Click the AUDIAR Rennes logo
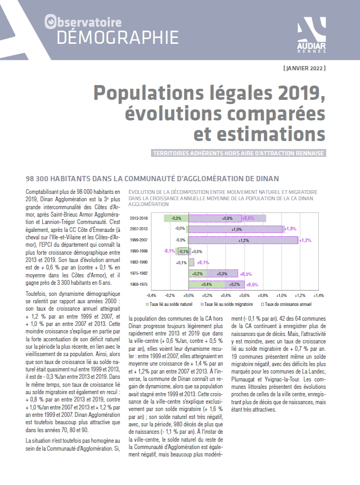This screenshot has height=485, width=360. click(x=311, y=35)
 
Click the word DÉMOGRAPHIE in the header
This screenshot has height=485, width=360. click(x=118, y=38)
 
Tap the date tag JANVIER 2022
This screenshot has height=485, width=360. click(x=305, y=68)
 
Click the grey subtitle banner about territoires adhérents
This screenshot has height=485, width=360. click(x=239, y=153)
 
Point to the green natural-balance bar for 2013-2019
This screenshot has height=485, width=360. click(x=176, y=218)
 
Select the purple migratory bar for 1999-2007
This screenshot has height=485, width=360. click(x=243, y=240)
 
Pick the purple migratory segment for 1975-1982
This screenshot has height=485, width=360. click(x=222, y=274)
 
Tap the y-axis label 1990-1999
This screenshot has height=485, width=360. click(x=138, y=251)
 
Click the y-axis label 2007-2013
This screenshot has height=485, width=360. click(x=138, y=229)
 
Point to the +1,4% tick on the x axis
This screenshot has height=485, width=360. click(x=318, y=296)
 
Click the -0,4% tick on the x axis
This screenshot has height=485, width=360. click(x=151, y=296)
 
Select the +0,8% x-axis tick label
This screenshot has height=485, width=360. click(x=263, y=296)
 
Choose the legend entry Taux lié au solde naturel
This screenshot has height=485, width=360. click(x=169, y=304)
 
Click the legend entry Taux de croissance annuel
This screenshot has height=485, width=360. click(x=286, y=304)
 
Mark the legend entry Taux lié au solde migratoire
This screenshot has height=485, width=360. click(x=226, y=304)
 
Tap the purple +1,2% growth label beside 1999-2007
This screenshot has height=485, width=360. click(x=305, y=240)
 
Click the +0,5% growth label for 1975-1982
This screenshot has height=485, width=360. click(x=245, y=274)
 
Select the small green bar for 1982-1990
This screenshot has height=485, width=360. click(x=191, y=263)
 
